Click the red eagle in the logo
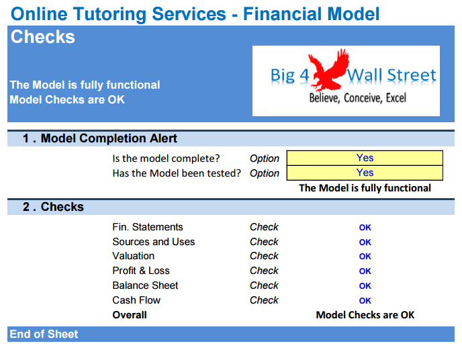tap(328, 70)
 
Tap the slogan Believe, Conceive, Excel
tap(358, 98)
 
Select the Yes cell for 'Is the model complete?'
tap(365, 158)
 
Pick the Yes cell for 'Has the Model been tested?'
tap(365, 173)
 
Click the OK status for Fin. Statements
tap(365, 228)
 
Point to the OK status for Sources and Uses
tap(365, 242)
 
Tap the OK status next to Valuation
tap(365, 257)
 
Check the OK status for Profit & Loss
tap(365, 271)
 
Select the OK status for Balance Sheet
tap(365, 285)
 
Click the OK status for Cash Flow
tap(365, 300)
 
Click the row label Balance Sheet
tap(145, 285)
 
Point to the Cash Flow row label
tap(136, 300)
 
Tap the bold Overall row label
tap(130, 315)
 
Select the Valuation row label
tap(134, 256)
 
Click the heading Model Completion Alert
tap(109, 138)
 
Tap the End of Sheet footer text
tap(44, 334)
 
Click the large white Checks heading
tap(43, 37)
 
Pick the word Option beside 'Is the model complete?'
tap(265, 159)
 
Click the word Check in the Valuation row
tap(264, 256)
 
